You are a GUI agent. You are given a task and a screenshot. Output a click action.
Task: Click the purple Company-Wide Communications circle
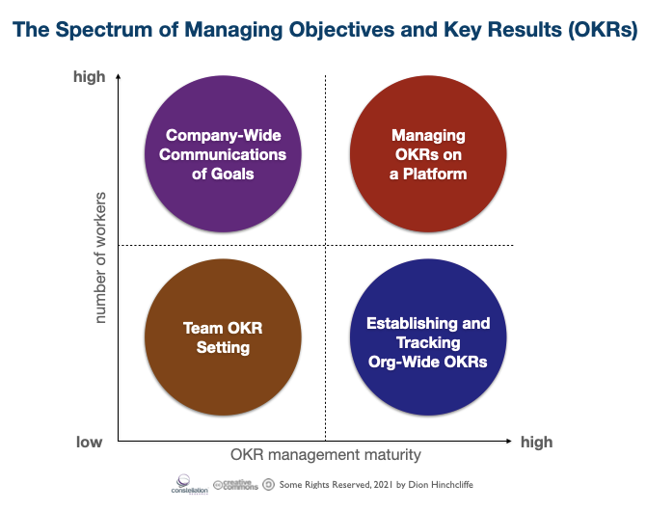coord(223,154)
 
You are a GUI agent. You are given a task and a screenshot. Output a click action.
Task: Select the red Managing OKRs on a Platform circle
coord(428,154)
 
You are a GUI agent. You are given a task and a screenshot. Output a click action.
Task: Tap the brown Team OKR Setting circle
coord(223,336)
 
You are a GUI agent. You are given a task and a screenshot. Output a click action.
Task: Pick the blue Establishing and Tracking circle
coord(428,336)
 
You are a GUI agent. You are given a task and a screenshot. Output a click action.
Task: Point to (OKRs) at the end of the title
coord(603,30)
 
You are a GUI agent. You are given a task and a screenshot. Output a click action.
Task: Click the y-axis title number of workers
coord(100,257)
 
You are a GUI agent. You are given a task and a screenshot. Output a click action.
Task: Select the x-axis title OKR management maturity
coord(326,454)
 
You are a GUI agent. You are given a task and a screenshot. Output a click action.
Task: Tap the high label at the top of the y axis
coord(89,77)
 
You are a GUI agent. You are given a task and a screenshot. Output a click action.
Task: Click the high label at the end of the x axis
coord(536,443)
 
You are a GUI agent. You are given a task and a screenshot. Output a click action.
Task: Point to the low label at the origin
coord(89,443)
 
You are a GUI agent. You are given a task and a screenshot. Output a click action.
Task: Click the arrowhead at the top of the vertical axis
coord(118,76)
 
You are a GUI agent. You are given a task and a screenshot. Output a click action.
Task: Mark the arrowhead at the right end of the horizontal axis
coord(509,441)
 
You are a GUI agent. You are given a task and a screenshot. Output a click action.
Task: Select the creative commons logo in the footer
coord(235,485)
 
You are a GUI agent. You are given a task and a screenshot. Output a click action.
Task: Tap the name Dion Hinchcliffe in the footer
coord(441,485)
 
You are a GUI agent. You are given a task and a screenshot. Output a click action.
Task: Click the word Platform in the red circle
coord(435,175)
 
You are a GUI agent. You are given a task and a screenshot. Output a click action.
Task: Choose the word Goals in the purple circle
coord(232,174)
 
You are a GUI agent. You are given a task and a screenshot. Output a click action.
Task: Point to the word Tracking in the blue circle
coord(428,342)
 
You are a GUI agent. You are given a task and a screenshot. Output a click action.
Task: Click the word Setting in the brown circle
coord(223,348)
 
